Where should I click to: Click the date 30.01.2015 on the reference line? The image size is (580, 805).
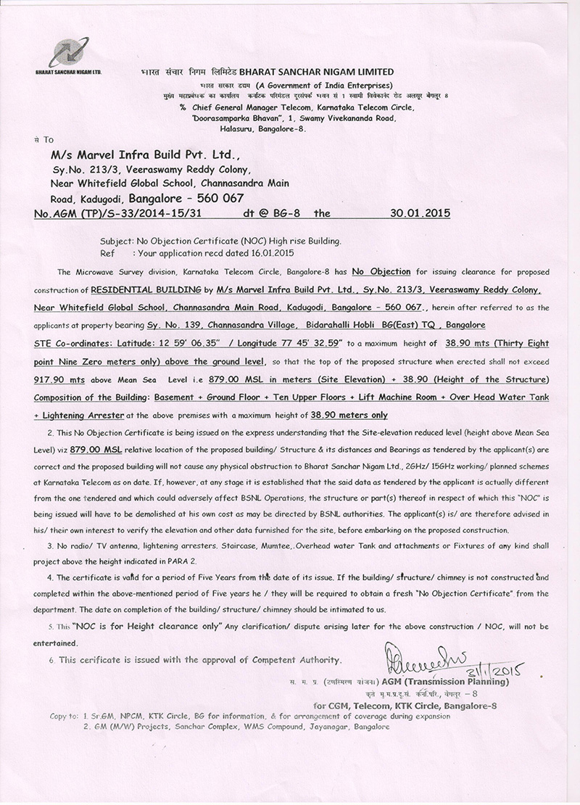[x=417, y=214]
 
